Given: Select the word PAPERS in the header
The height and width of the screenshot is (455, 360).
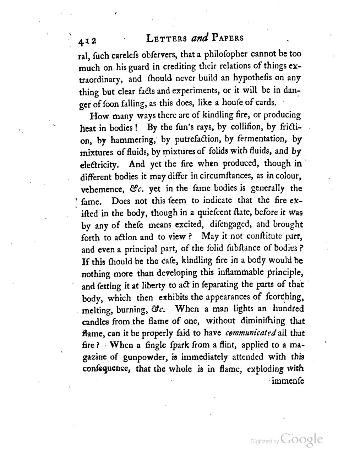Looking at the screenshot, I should tap(227, 38).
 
